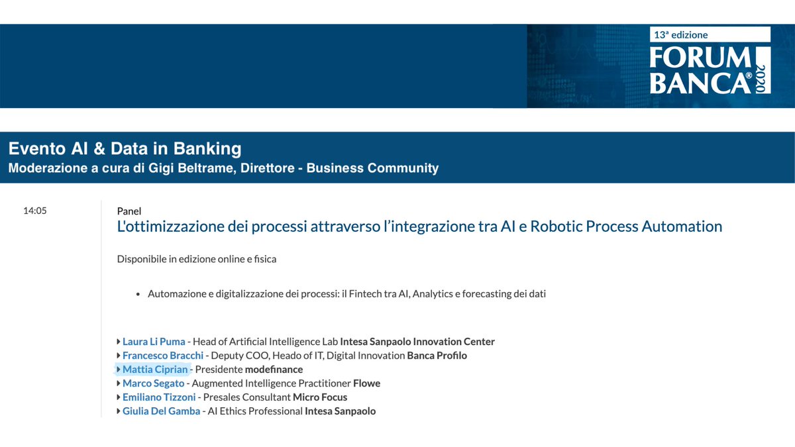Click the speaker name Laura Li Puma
(154, 342)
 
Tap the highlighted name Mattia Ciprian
(155, 370)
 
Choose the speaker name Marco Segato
(153, 383)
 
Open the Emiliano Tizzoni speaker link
(159, 397)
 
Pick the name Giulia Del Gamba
(161, 411)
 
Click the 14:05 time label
(34, 211)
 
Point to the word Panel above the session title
(129, 211)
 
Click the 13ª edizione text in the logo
(680, 34)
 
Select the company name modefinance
(274, 370)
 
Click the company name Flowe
(366, 383)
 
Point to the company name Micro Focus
(320, 397)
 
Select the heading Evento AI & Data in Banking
(125, 148)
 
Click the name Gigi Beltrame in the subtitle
(193, 168)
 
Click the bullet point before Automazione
(138, 294)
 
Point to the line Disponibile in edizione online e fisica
(196, 259)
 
